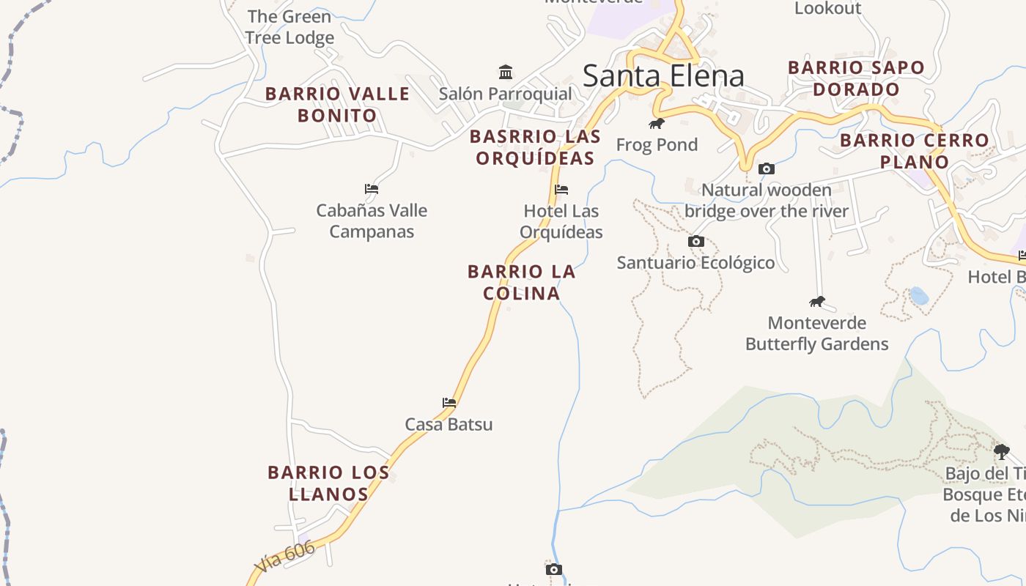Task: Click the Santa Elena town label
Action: click(663, 76)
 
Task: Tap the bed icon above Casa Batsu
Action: click(449, 403)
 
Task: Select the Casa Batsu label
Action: click(449, 424)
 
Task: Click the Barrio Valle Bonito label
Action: click(337, 105)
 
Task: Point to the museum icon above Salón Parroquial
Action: click(506, 72)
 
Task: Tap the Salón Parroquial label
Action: click(505, 94)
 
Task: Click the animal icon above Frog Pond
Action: click(657, 123)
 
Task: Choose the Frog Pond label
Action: click(657, 144)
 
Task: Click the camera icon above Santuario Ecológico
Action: click(696, 241)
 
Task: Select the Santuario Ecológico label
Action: click(695, 262)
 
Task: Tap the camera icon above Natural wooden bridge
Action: click(767, 168)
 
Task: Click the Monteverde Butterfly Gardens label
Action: click(816, 333)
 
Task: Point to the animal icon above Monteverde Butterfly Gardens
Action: click(817, 302)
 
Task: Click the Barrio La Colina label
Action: click(521, 282)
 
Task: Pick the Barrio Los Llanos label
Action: click(328, 483)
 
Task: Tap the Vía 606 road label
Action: click(286, 557)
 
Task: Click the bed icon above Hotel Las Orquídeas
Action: click(561, 189)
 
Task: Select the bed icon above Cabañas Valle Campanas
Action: click(372, 188)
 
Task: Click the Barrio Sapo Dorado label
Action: click(856, 78)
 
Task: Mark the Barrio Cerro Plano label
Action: click(914, 151)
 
